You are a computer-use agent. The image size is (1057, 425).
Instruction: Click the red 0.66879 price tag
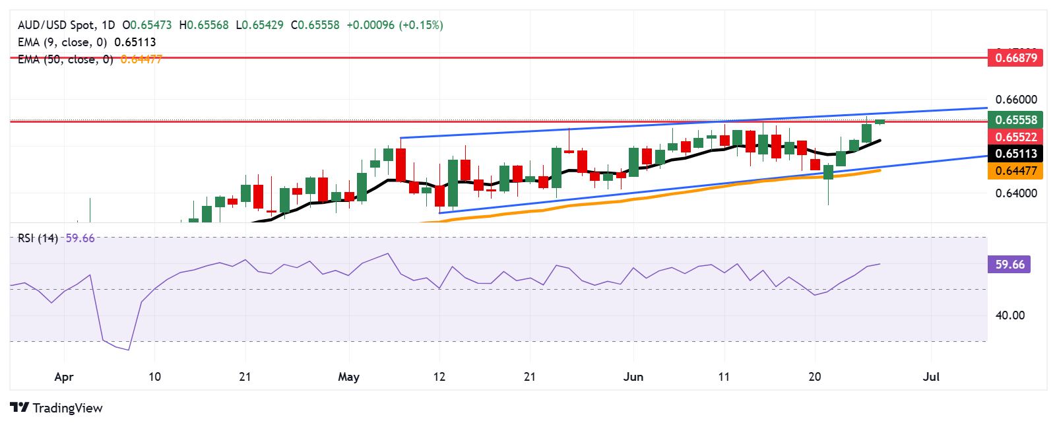(1016, 57)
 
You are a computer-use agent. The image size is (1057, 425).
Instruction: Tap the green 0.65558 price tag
(1016, 119)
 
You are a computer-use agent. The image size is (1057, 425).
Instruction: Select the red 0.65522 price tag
(1016, 137)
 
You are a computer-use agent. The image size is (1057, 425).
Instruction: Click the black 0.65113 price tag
(1016, 153)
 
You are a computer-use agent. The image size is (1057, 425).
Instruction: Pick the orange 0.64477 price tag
(1016, 170)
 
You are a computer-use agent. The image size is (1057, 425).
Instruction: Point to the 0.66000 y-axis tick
(1016, 100)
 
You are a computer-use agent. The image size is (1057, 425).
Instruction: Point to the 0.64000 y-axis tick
(1016, 193)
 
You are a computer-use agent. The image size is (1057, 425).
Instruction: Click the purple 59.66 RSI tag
(1009, 264)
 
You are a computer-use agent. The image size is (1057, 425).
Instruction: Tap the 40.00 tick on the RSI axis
(1009, 315)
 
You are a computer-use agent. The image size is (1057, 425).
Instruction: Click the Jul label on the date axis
(931, 377)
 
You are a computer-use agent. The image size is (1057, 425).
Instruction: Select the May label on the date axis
(348, 377)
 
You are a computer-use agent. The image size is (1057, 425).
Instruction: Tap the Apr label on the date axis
(63, 377)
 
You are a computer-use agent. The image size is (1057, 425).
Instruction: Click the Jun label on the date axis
(633, 377)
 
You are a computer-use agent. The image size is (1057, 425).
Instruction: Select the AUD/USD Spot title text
(56, 25)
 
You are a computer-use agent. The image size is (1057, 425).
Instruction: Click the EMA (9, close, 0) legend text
(63, 42)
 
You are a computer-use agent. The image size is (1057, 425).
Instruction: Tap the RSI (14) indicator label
(38, 238)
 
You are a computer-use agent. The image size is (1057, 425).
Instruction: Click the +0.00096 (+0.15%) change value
(395, 25)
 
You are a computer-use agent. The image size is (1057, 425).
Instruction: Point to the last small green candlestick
(880, 121)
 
